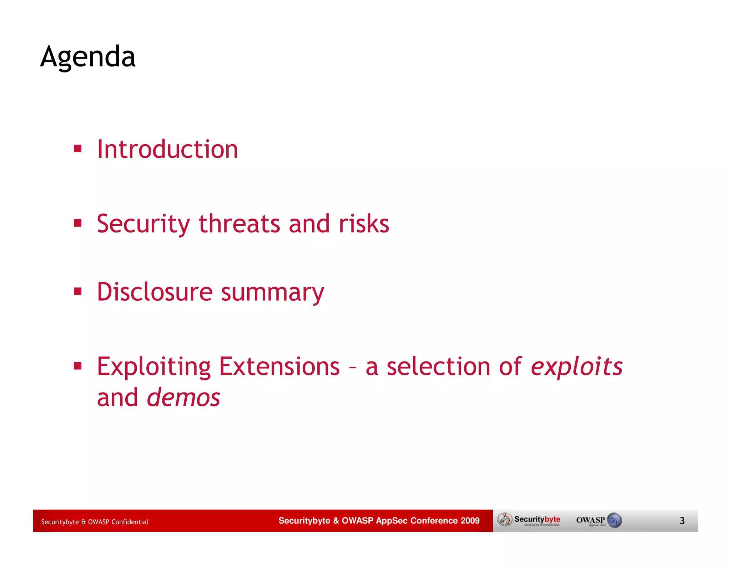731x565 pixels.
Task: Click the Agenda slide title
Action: click(x=88, y=57)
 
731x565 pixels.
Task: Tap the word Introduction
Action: click(x=167, y=149)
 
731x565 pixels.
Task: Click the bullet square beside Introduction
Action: click(x=78, y=148)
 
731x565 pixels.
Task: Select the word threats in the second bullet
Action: click(x=239, y=224)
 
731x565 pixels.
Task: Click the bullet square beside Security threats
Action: click(x=78, y=223)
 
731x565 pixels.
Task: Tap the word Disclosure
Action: click(x=155, y=292)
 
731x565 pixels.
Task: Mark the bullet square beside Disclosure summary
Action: click(x=78, y=291)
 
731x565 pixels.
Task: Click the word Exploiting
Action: click(x=154, y=367)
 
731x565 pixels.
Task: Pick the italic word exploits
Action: click(x=576, y=367)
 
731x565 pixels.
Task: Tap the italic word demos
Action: click(x=183, y=397)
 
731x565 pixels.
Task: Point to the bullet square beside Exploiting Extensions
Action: click(x=78, y=366)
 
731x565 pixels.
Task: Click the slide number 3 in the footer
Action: click(x=682, y=521)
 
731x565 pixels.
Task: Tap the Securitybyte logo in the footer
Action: click(x=530, y=520)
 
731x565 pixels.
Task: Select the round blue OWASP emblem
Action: click(x=614, y=520)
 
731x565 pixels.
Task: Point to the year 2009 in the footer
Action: click(x=470, y=520)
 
